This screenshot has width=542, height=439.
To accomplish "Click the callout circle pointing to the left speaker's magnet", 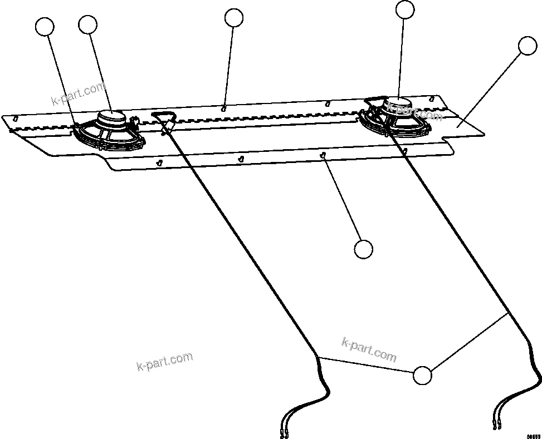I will click(88, 24).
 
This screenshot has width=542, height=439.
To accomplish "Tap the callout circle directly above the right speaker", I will click(405, 9).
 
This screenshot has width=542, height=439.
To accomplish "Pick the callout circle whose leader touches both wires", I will click(422, 376).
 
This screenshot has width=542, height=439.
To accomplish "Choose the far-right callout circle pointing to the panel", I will click(526, 46).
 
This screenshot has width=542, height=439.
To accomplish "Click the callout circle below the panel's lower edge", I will click(363, 249).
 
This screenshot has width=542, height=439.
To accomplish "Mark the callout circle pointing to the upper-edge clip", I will click(234, 18).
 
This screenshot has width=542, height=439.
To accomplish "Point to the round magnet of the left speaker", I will click(112, 117).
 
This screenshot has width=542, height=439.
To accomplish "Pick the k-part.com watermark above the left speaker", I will click(78, 94).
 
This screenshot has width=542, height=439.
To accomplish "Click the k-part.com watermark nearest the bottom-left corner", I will click(164, 361).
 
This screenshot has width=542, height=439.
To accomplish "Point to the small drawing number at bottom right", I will click(533, 436).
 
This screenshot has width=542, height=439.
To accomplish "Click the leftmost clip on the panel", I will click(16, 119).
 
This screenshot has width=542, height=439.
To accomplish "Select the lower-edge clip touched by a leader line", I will click(323, 156).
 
